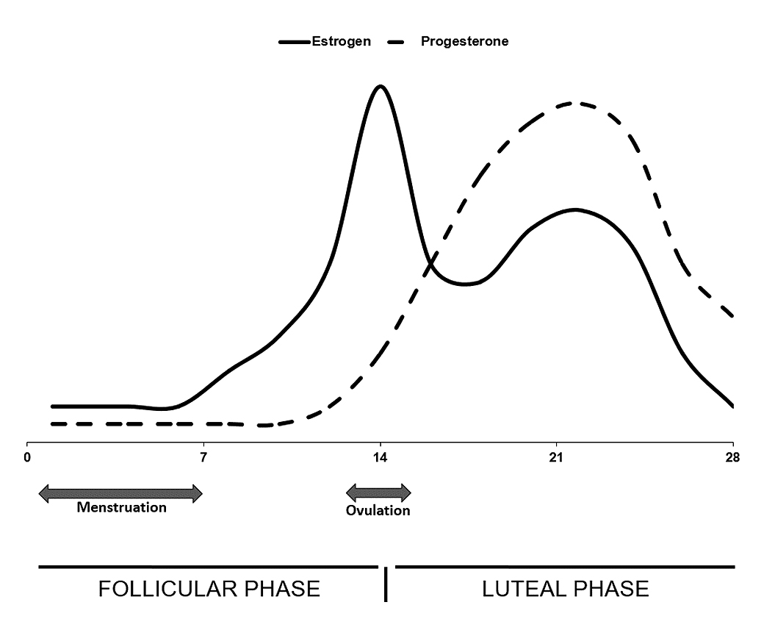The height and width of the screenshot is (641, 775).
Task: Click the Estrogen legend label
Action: click(x=342, y=41)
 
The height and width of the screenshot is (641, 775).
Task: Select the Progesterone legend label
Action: click(x=464, y=41)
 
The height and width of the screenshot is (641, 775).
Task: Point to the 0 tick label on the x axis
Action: click(x=27, y=456)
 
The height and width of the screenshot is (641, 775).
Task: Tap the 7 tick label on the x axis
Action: click(x=203, y=456)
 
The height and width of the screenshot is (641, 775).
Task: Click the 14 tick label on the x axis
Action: click(x=381, y=456)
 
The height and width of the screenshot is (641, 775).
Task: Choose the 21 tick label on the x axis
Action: click(x=557, y=456)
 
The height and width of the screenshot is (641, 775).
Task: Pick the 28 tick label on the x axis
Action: click(x=732, y=456)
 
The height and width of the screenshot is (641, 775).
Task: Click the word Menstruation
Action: click(x=122, y=507)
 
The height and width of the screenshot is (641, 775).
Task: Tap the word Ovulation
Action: click(x=378, y=510)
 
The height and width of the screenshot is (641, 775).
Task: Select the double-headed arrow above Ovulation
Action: click(x=378, y=493)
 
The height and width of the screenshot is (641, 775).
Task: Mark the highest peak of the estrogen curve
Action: click(x=380, y=86)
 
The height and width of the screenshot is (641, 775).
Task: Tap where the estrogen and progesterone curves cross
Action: click(x=433, y=259)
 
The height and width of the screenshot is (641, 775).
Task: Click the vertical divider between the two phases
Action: click(x=386, y=584)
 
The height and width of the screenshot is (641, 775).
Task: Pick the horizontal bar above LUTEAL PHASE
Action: click(x=565, y=567)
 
